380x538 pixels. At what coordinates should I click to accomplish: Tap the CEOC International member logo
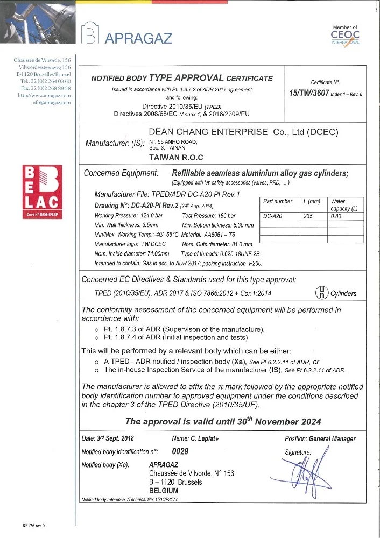coord(345,36)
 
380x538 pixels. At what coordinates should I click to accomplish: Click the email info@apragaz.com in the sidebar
coord(51,102)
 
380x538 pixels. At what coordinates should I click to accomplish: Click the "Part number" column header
coord(278,201)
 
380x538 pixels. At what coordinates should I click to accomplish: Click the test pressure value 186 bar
coord(222,215)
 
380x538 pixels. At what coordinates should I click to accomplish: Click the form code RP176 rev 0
coord(34,525)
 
